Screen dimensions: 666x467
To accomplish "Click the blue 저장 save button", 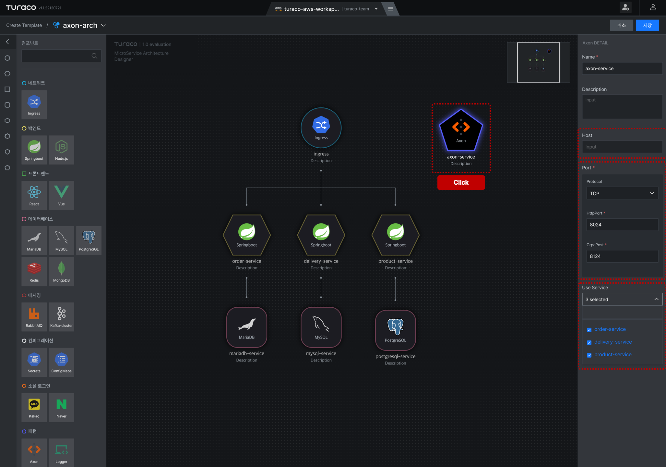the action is (647, 25).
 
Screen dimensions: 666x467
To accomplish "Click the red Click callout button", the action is (461, 182).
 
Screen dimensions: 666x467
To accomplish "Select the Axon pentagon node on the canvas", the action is (461, 130).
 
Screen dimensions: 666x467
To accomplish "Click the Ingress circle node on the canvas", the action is (321, 128).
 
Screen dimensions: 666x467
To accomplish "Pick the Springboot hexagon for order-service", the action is (246, 235).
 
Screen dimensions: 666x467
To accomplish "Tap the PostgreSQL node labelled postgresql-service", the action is (395, 330).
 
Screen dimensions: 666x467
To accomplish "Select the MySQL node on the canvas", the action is (321, 327).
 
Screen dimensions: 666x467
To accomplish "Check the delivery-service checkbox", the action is (589, 342).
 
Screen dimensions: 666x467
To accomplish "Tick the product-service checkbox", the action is (589, 355).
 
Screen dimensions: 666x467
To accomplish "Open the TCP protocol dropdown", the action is (622, 193).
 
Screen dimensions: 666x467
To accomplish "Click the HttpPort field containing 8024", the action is (622, 225).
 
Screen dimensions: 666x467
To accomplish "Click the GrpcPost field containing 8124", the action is (622, 256).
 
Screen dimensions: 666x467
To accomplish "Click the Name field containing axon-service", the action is (622, 68).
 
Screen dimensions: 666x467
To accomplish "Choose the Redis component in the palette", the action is (34, 272).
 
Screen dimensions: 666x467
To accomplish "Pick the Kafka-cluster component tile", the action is (61, 317).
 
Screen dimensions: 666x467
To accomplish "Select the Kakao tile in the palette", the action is (34, 408).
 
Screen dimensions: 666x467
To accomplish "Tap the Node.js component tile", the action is (61, 150).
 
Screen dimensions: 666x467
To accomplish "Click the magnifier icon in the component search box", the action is (94, 56).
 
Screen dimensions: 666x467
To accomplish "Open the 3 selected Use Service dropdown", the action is (622, 299).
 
